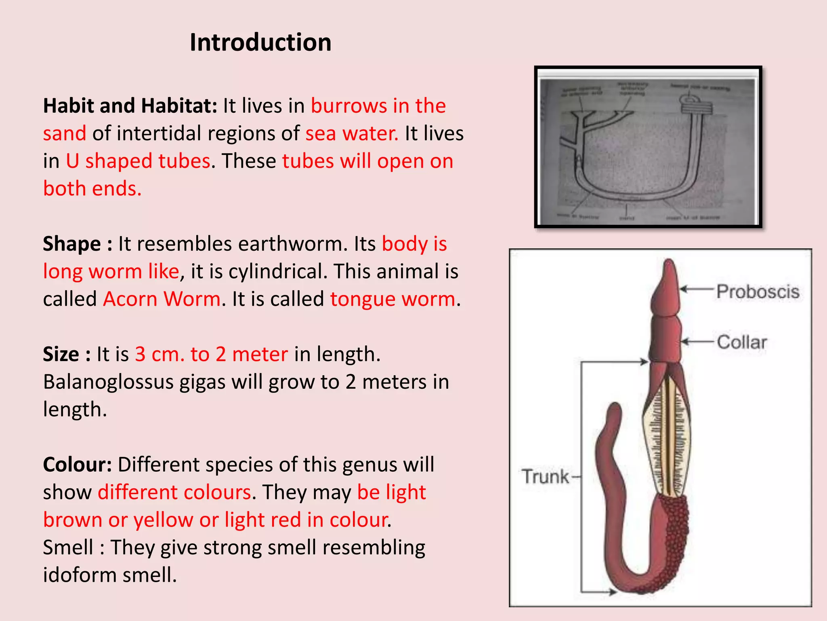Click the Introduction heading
tap(260, 42)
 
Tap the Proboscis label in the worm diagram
tap(758, 291)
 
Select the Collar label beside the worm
tap(742, 342)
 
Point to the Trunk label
tap(545, 477)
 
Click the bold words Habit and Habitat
tap(130, 106)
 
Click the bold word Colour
tap(77, 465)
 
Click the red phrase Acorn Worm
tap(162, 300)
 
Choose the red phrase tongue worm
tap(393, 300)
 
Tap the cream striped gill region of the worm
tap(667, 437)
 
